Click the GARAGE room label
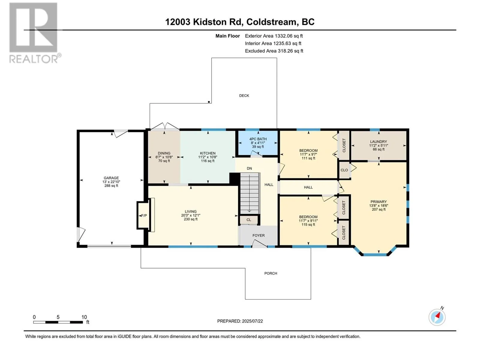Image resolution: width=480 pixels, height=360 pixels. (111, 178)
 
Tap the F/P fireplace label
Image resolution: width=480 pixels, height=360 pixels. (144, 215)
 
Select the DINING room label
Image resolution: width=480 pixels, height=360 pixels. (164, 153)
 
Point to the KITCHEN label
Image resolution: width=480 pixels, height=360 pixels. (208, 153)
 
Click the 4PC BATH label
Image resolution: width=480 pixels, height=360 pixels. (258, 139)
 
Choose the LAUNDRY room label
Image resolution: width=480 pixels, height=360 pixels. (378, 142)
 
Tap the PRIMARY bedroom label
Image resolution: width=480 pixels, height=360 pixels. (378, 202)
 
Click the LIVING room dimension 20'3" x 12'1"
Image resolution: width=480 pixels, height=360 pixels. (190, 215)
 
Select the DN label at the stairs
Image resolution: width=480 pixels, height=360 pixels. (249, 169)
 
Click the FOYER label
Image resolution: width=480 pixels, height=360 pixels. (259, 235)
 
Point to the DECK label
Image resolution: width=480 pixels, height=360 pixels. (244, 95)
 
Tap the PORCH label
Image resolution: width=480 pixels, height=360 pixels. (271, 273)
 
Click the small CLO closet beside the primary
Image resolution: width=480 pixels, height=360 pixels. (344, 170)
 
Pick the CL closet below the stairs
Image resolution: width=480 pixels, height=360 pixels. (249, 220)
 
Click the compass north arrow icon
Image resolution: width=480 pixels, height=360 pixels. (437, 317)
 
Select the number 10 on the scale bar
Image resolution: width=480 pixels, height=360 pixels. (84, 317)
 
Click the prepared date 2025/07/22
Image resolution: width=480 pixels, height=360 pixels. (252, 321)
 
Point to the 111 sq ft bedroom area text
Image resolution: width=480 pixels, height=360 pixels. (308, 158)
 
